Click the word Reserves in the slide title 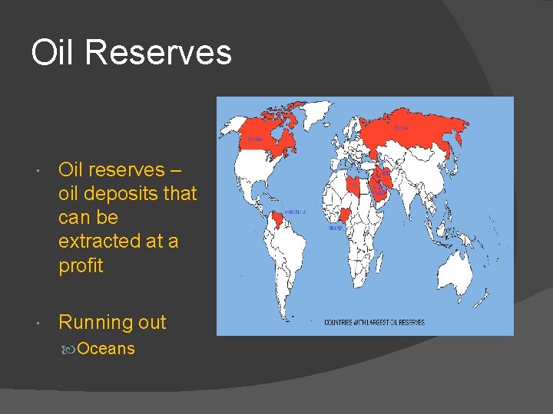click(x=157, y=53)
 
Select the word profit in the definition click(x=81, y=265)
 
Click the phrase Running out click(x=112, y=322)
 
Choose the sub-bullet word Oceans click(x=106, y=349)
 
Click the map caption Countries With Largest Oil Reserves click(x=374, y=323)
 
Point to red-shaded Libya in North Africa click(x=353, y=185)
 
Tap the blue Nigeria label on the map click(x=336, y=228)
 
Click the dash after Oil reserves click(x=177, y=169)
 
